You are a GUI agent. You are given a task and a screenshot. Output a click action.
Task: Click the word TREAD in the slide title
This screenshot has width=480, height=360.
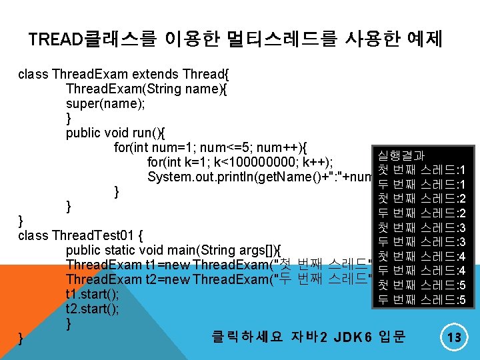coord(56,40)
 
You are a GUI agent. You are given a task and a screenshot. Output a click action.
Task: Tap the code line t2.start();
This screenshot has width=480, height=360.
coord(93,309)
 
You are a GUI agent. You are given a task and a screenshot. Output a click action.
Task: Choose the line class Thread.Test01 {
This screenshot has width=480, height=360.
coord(79,235)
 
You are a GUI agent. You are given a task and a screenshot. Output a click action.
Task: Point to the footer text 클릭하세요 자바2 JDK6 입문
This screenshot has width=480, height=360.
coord(308,336)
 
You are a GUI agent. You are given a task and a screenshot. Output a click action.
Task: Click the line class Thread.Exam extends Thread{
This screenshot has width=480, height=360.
coord(124,74)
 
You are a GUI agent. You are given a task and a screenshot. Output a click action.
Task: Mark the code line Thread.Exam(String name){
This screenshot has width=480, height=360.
coord(147,89)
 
